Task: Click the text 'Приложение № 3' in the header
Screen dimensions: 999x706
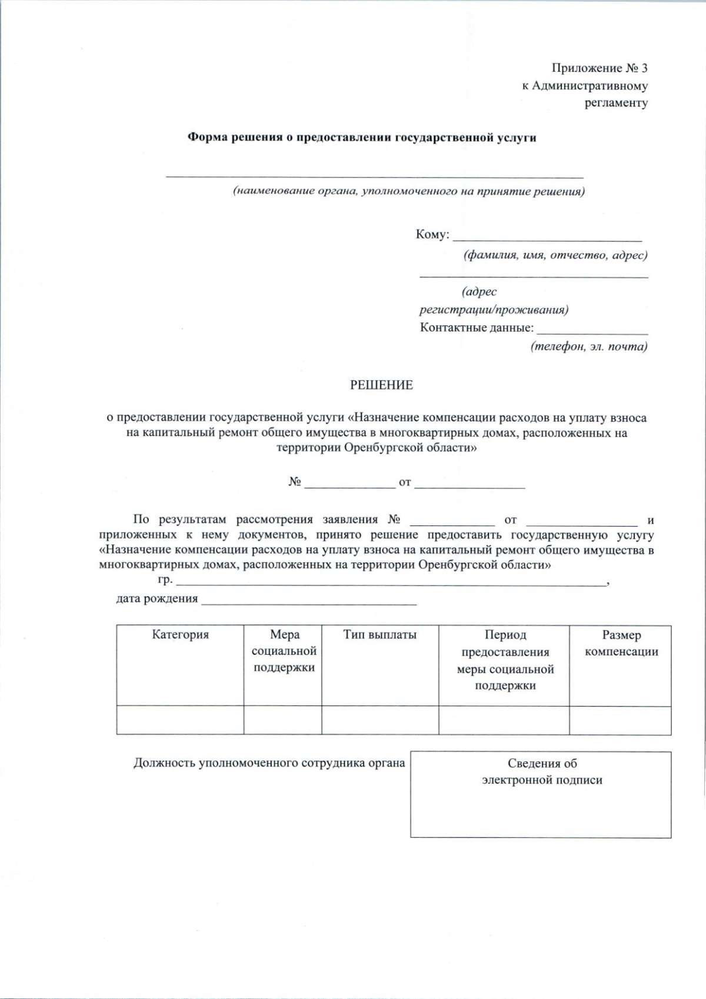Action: pos(600,68)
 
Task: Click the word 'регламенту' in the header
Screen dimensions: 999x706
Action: pos(616,103)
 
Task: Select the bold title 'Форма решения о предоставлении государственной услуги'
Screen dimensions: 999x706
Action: pos(361,138)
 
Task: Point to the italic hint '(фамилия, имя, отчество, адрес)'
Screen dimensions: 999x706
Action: pos(555,255)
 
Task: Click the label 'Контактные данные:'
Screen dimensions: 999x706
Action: pos(477,328)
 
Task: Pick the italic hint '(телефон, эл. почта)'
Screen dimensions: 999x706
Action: pos(589,347)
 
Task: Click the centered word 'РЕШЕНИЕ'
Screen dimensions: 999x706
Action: pos(381,385)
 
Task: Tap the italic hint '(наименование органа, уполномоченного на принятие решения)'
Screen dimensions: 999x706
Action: pos(408,192)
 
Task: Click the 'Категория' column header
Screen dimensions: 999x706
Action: pos(180,635)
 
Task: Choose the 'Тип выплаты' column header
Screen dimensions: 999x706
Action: pos(379,635)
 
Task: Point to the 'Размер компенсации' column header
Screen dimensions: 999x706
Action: pos(621,643)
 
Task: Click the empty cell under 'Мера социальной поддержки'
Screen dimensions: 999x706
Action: pos(282,720)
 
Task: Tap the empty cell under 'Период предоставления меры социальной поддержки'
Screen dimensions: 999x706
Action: pos(504,720)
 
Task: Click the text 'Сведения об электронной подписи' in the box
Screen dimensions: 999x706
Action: pos(541,772)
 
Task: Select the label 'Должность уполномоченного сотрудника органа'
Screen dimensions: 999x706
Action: pos(269,763)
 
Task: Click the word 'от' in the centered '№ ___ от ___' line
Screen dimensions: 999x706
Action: pos(405,482)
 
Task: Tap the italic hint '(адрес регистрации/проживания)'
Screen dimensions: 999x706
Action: pos(493,301)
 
